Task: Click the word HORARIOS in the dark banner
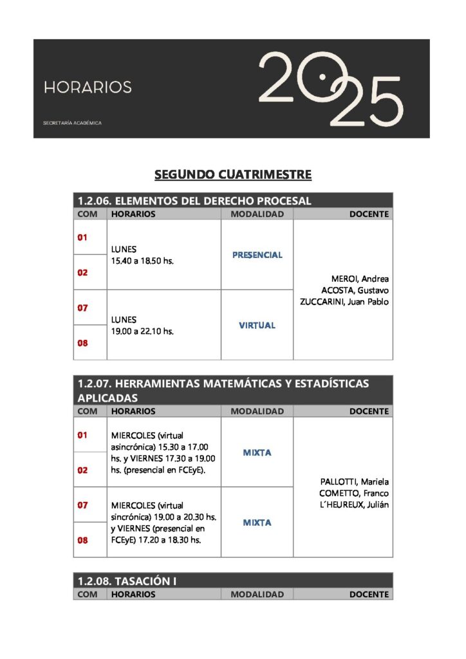pos(88,87)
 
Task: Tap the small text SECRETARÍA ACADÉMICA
pos(72,123)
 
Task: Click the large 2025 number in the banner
pos(330,89)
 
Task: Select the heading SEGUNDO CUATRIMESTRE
pos(233,174)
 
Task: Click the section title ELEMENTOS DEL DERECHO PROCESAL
pos(194,201)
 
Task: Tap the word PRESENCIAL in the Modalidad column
pos(257,255)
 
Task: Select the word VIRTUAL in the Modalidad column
pos(257,325)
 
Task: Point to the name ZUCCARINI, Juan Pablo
pos(344,302)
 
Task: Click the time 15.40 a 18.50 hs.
pos(142,261)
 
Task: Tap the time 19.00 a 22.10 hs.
pos(142,331)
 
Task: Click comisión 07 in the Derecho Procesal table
pos(83,308)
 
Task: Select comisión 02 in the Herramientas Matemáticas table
pos(83,470)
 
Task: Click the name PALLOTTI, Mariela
pos(355,481)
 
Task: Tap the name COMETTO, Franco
pos(355,493)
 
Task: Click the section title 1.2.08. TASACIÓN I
pos(127,581)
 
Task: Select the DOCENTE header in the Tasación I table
pos(369,595)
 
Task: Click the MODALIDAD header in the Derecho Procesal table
pos(257,214)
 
